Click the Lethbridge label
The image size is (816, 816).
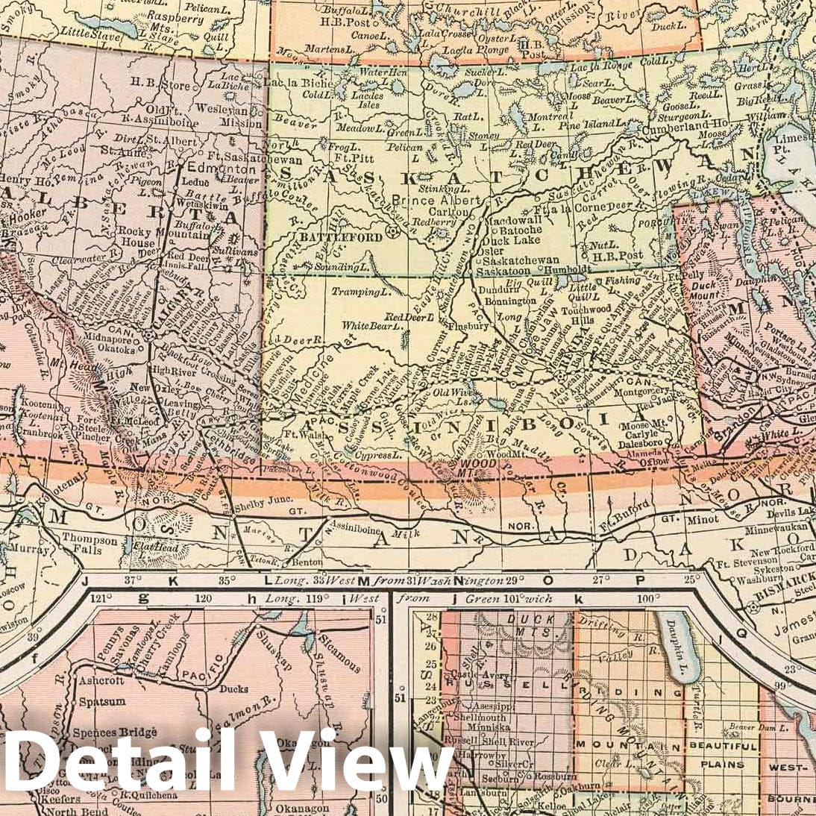point(230,451)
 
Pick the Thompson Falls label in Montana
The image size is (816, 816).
point(90,545)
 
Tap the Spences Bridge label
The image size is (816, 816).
point(114,732)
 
